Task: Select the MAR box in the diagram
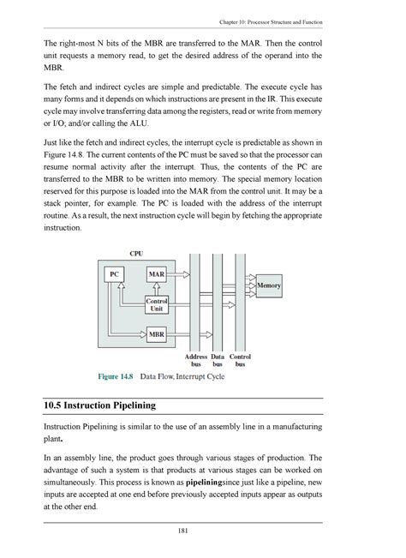click(x=157, y=274)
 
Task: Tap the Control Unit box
click(x=157, y=303)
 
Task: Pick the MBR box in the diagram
click(x=157, y=333)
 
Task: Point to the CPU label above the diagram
click(x=136, y=254)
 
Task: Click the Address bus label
click(x=196, y=359)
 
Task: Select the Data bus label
click(x=218, y=359)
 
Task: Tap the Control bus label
click(x=241, y=359)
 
